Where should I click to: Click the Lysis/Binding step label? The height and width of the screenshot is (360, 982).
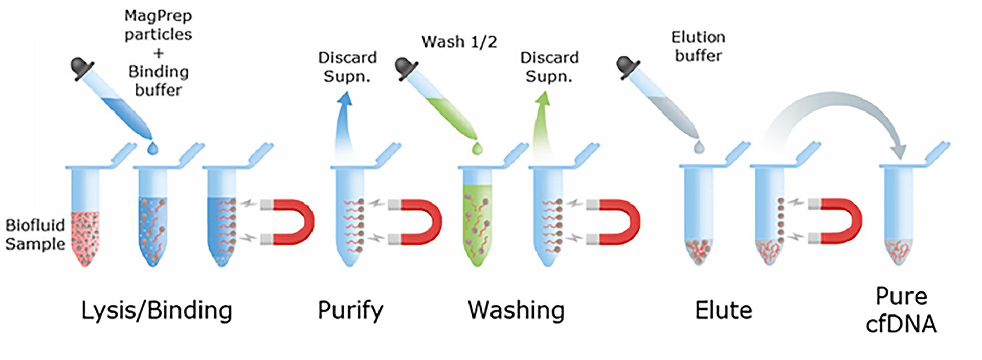[157, 310]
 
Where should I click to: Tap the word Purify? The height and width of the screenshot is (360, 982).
[350, 310]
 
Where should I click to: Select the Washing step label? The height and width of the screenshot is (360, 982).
[516, 310]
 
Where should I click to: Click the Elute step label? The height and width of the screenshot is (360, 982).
[723, 310]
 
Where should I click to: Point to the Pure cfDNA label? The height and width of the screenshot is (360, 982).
[901, 310]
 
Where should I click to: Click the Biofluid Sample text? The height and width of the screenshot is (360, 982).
[35, 234]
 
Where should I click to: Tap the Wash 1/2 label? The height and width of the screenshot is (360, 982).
[459, 42]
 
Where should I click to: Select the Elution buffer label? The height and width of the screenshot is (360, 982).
[698, 46]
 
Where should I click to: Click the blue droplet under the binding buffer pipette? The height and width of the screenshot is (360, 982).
[152, 148]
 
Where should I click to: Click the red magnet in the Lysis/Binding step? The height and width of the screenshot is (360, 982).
[294, 222]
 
